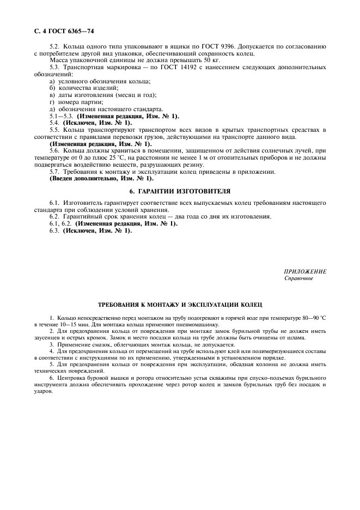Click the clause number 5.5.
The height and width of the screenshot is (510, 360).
pos(54,130)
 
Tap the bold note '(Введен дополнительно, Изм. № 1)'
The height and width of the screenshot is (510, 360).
pos(101,178)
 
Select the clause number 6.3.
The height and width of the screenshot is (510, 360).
pos(54,230)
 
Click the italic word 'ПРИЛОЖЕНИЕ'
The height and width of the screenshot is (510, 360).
pos(305,271)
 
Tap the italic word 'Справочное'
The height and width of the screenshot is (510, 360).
pos(299,278)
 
